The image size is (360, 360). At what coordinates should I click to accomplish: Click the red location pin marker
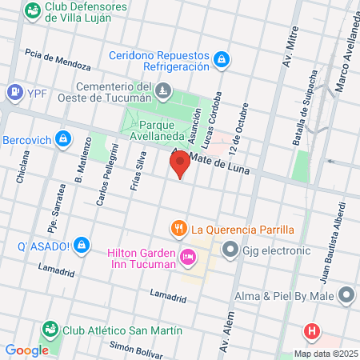pos(180,164)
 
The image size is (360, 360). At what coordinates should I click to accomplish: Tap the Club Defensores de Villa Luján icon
pos(33,11)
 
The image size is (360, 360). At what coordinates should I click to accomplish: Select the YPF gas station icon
pos(14,93)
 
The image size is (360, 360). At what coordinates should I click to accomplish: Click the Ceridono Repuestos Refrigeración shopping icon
pos(222,58)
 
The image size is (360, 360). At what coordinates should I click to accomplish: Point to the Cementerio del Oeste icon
pos(164,91)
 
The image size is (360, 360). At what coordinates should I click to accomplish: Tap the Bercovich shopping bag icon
pos(64,140)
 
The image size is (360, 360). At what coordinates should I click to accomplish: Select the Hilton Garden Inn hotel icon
pos(188,258)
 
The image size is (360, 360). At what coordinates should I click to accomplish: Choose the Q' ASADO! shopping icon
pos(81,245)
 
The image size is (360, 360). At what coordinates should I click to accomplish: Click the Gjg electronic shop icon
pos(230,250)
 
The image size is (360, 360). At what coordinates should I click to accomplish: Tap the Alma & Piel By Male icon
pos(346,296)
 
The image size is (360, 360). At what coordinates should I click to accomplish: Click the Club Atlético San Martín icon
pos(50,330)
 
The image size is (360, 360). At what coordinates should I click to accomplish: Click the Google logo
pos(26,350)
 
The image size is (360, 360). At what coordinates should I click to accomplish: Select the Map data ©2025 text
pos(324,354)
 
